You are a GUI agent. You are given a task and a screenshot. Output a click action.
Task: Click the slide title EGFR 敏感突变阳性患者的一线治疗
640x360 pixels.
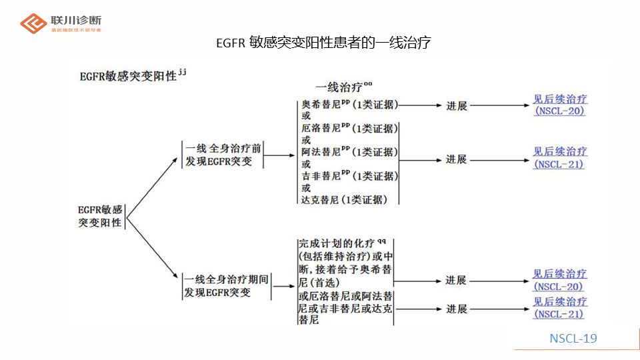point(323,43)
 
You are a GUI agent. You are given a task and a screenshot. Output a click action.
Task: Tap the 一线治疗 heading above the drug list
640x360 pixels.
point(343,87)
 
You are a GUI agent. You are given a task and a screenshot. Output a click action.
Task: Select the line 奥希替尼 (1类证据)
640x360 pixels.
point(349,104)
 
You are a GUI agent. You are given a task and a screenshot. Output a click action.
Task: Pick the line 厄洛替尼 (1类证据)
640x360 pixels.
point(349,128)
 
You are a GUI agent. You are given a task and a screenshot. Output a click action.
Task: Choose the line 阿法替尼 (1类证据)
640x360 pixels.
point(349,152)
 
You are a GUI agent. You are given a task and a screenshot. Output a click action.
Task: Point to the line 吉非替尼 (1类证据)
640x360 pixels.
point(349,176)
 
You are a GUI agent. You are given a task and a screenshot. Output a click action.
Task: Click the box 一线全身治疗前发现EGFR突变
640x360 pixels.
point(223,155)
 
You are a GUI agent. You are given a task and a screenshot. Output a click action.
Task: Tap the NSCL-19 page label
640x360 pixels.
point(573,339)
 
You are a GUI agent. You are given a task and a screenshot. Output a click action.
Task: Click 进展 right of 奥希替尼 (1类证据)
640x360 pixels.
point(457,105)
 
